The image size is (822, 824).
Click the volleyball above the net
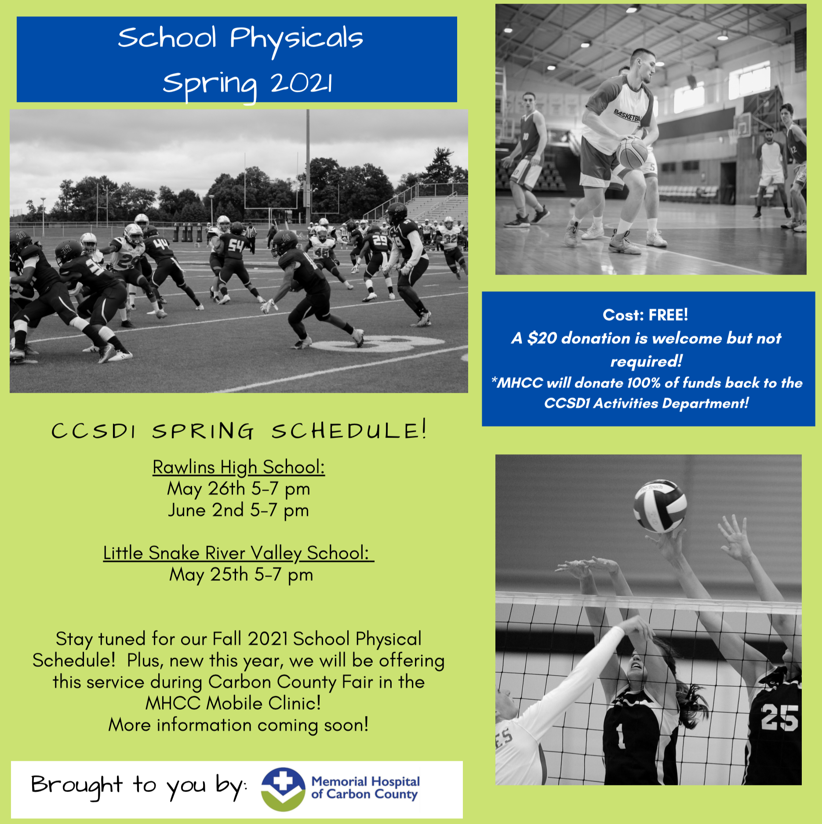click(x=660, y=506)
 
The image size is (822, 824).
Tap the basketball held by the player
click(x=632, y=153)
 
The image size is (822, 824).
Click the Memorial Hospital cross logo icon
click(x=283, y=789)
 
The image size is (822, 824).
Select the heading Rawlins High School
click(x=239, y=467)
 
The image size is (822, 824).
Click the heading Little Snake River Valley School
click(x=238, y=553)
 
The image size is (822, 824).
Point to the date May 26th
click(x=206, y=488)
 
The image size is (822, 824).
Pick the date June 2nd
click(x=206, y=510)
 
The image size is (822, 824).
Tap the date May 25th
click(x=209, y=575)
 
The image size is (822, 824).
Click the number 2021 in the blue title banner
click(x=302, y=83)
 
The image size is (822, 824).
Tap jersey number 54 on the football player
click(x=235, y=245)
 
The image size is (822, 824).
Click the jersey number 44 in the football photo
click(x=161, y=243)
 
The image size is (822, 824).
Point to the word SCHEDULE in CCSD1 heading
click(x=349, y=431)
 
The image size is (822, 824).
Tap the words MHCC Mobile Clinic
click(x=233, y=703)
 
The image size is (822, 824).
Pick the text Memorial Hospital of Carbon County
click(x=365, y=788)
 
